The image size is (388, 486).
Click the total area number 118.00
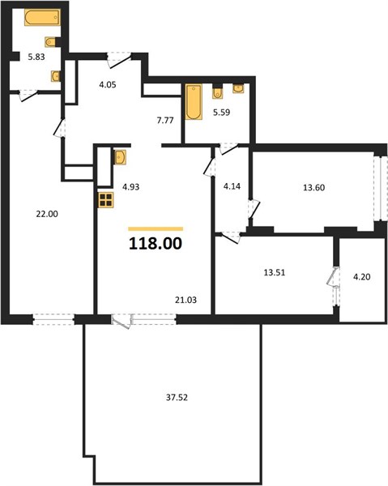(x=156, y=244)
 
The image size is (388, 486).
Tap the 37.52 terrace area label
(x=177, y=398)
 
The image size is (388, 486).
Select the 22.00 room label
(x=47, y=214)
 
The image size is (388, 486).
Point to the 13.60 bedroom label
(x=314, y=188)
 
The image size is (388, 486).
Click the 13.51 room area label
(x=275, y=272)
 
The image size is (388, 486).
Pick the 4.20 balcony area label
(x=362, y=277)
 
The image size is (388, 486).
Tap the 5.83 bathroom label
(x=36, y=57)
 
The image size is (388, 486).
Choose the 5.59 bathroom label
(x=221, y=113)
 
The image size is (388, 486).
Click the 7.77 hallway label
(x=165, y=120)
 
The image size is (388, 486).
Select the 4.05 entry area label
(x=108, y=84)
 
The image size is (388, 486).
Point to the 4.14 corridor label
(x=232, y=186)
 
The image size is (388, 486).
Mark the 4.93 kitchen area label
(x=130, y=187)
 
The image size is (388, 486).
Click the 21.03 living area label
(x=185, y=300)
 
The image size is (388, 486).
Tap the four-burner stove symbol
(x=106, y=199)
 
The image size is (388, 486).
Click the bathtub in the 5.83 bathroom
(x=42, y=17)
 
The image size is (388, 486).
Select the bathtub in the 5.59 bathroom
(x=194, y=102)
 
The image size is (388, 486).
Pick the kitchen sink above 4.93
(x=120, y=157)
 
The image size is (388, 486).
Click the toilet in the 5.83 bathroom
(x=51, y=42)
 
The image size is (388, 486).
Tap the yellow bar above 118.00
(x=156, y=229)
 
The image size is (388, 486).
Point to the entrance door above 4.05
(x=119, y=60)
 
